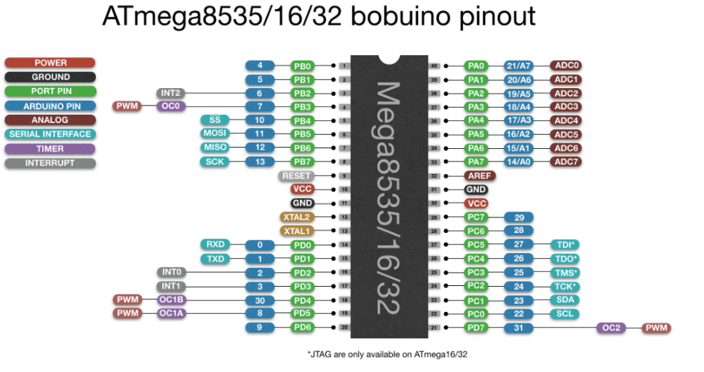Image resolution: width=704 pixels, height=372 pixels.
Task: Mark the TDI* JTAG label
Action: point(565,244)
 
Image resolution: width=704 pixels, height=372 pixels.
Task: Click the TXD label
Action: point(215,258)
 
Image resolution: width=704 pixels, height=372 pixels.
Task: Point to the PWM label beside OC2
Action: point(656,327)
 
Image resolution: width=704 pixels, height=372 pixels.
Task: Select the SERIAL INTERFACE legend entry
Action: point(50,134)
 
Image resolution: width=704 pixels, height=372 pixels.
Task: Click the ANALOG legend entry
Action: point(50,120)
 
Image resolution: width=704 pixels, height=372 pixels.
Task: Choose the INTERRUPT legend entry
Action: point(50,163)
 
